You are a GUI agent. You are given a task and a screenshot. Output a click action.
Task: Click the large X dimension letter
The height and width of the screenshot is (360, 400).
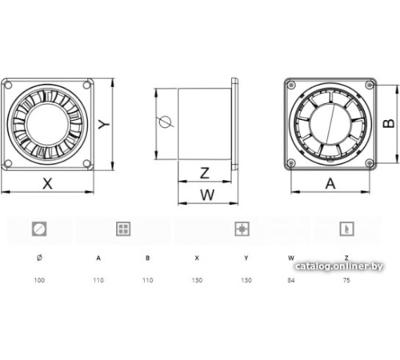point(47,184)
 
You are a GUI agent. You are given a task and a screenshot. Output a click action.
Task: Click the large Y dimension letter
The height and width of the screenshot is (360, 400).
point(104,124)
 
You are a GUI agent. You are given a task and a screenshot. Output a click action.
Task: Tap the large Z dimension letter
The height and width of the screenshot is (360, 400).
point(205,173)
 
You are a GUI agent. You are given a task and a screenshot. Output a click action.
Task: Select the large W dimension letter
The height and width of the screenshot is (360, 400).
point(207,195)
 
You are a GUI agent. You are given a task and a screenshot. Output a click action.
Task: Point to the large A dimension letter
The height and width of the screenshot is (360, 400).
point(330,184)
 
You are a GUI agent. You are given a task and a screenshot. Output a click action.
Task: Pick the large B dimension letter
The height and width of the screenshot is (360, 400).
point(389,123)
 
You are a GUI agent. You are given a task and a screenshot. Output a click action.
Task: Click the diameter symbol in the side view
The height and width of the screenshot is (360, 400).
point(165,122)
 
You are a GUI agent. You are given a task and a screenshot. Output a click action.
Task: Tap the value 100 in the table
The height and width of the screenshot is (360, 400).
point(39,280)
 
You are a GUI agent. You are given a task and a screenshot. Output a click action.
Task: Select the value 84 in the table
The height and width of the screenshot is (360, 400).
point(291,280)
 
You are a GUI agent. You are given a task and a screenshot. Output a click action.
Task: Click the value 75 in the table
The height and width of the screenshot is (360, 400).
point(346,280)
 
